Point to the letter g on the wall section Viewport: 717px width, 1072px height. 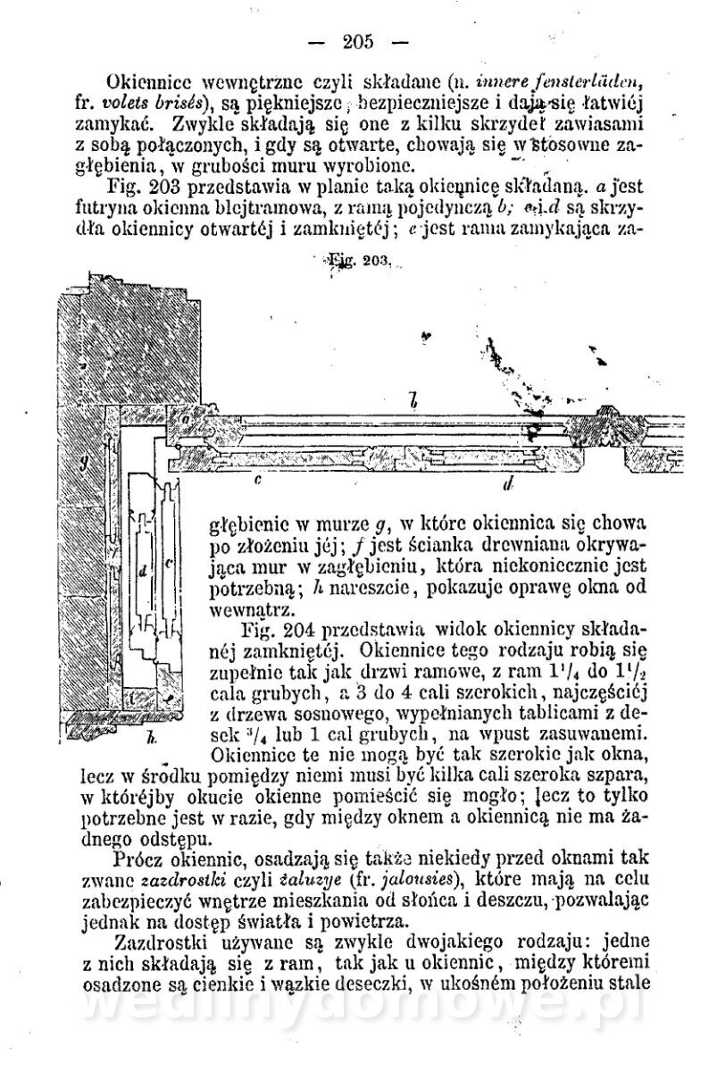point(81,462)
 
